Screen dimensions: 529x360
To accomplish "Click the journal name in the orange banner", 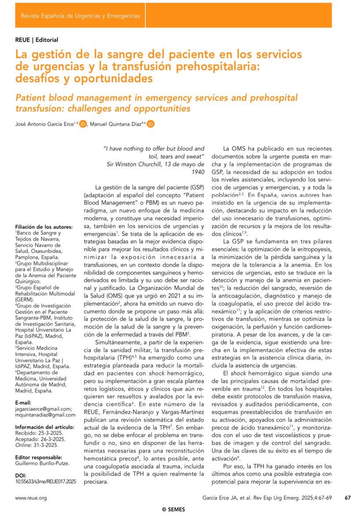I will click(x=81, y=16).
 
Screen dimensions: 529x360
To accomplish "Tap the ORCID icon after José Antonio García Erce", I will click(x=83, y=125).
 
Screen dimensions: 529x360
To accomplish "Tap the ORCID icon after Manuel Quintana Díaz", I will click(x=151, y=125).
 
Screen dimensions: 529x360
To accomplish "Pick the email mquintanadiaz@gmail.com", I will click(x=45, y=415).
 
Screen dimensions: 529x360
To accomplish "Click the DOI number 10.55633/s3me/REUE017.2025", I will click(x=45, y=482).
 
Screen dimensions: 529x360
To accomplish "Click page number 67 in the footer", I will click(x=348, y=498).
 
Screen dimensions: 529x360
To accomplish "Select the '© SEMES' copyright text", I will click(x=174, y=510).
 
